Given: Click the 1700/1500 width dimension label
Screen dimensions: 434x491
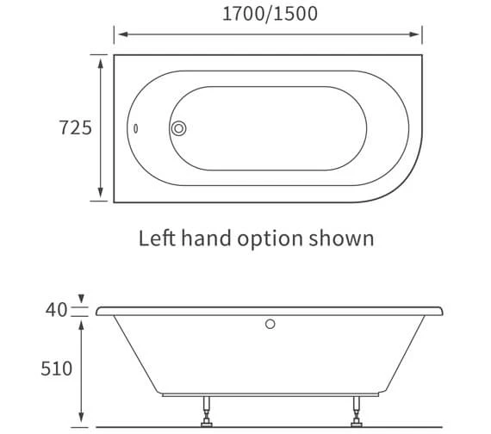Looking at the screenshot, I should click(x=268, y=13).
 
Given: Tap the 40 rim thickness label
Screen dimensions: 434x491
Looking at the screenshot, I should click(x=57, y=309).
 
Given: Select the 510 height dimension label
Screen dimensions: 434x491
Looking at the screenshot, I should click(x=57, y=369).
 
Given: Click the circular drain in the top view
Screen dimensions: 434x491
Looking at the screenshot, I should click(x=179, y=128).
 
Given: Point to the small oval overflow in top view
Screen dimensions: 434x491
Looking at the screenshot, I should click(x=135, y=129).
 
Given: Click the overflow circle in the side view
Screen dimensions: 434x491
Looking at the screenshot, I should click(x=270, y=325).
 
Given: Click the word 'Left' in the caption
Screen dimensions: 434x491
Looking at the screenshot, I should click(x=157, y=238).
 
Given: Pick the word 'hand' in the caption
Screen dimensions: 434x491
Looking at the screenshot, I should click(x=204, y=238).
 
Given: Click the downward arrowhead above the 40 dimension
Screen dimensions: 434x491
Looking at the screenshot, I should click(x=80, y=301).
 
